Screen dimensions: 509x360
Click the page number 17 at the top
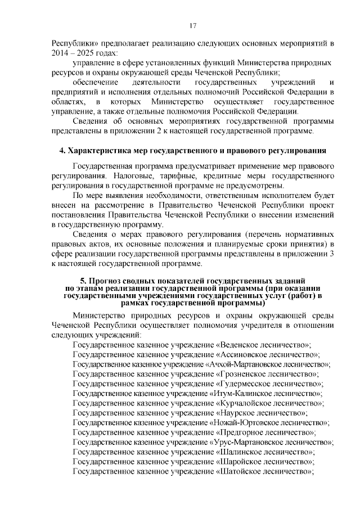[x=192, y=25]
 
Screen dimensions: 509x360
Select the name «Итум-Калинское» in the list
[x=239, y=394]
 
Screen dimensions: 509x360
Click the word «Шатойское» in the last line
[x=240, y=471]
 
